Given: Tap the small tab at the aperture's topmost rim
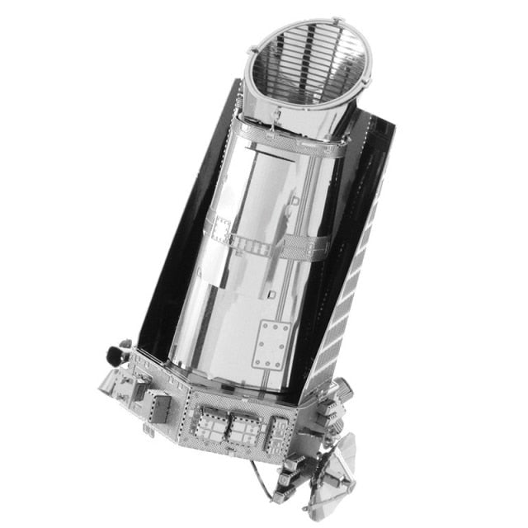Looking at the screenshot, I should point(336,17).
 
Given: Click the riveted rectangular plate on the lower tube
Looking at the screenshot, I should point(271,345).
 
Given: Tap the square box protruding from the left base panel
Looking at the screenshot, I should point(161,405).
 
